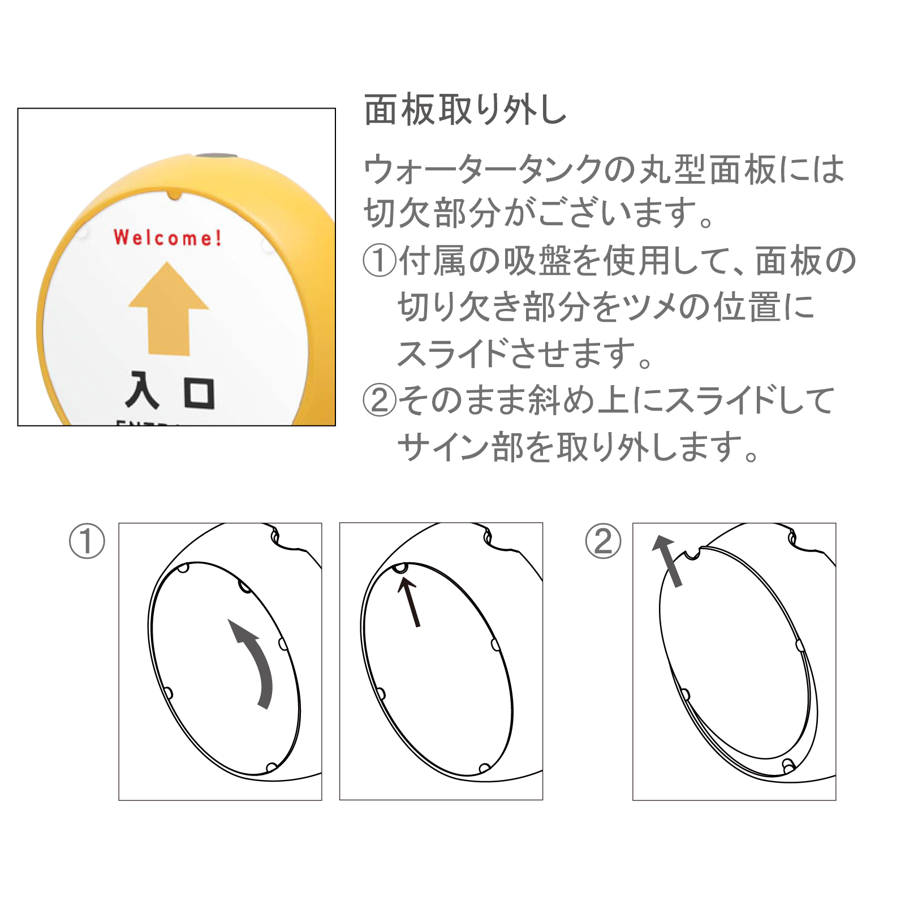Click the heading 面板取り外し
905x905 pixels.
[x=465, y=110]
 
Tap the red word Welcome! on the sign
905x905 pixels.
[x=167, y=238]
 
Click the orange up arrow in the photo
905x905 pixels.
[x=169, y=309]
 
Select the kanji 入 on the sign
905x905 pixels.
[x=141, y=390]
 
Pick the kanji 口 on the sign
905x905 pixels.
[x=200, y=393]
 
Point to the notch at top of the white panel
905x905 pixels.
[x=175, y=195]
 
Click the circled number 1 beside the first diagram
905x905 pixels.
[x=87, y=541]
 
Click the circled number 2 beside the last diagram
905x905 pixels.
[x=603, y=541]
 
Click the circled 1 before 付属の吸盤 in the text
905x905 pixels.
[x=380, y=261]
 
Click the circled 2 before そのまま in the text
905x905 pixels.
[x=380, y=400]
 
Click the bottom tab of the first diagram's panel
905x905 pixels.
[x=271, y=768]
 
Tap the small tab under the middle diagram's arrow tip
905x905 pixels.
[x=400, y=568]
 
